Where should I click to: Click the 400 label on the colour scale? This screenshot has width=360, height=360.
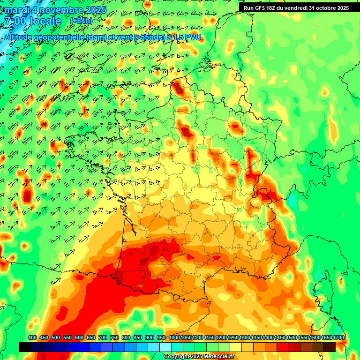(32, 338)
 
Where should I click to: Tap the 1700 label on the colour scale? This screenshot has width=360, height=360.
(338, 338)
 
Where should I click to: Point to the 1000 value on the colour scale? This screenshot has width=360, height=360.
(174, 338)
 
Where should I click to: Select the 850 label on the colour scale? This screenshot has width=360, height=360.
(137, 338)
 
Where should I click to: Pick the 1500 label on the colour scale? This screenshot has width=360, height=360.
(292, 338)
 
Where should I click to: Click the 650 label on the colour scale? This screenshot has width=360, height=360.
(90, 338)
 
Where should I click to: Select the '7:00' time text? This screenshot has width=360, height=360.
(14, 21)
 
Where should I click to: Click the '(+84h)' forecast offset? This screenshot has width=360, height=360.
(81, 21)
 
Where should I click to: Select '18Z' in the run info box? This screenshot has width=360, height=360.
(274, 8)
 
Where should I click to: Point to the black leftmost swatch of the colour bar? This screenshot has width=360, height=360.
(25, 347)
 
